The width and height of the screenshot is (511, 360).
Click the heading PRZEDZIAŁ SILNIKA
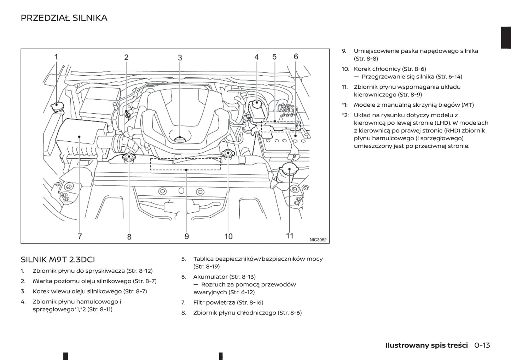pyautogui.click(x=64, y=18)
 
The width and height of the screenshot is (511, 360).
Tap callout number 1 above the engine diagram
pyautogui.click(x=56, y=57)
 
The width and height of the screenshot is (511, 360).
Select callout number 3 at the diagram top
pyautogui.click(x=180, y=58)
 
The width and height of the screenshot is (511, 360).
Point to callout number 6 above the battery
pyautogui.click(x=296, y=57)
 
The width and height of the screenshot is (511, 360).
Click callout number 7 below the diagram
pyautogui.click(x=80, y=236)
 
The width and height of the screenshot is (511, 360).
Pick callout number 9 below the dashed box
pyautogui.click(x=187, y=236)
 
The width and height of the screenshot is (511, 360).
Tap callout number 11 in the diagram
pyautogui.click(x=290, y=236)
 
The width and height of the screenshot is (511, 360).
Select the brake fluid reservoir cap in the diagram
pyautogui.click(x=256, y=105)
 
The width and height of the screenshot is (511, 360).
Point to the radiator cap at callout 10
pyautogui.click(x=228, y=154)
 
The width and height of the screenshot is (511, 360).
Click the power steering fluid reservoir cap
pyautogui.click(x=289, y=170)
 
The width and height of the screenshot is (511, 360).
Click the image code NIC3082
pyautogui.click(x=318, y=240)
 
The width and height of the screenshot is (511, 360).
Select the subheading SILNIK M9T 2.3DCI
pyautogui.click(x=58, y=260)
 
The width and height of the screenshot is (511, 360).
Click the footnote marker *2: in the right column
pyautogui.click(x=345, y=115)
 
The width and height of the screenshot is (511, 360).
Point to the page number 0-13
pyautogui.click(x=482, y=345)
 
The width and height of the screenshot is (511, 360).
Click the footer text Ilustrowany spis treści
pyautogui.click(x=426, y=345)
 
